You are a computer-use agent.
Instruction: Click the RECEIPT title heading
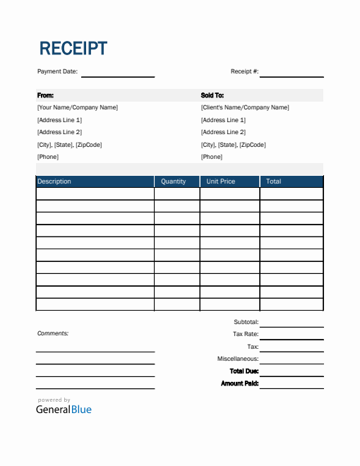73,49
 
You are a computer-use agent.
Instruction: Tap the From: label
45,95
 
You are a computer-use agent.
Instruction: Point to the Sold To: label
212,95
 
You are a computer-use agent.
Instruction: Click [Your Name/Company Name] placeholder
78,107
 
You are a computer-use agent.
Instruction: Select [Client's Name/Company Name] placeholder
245,107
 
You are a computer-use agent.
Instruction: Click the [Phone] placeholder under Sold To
212,157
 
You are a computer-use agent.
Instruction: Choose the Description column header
54,181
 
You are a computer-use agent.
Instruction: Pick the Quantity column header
174,181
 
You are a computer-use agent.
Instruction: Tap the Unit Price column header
221,181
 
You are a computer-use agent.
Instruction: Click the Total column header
274,181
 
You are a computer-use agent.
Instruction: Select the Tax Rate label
246,334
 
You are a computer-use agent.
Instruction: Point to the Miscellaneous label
238,359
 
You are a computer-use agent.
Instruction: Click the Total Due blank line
292,374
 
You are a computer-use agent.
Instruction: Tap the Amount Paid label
240,383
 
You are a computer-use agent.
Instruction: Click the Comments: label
52,333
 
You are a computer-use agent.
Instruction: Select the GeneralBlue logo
64,409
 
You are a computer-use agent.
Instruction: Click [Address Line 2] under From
59,132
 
